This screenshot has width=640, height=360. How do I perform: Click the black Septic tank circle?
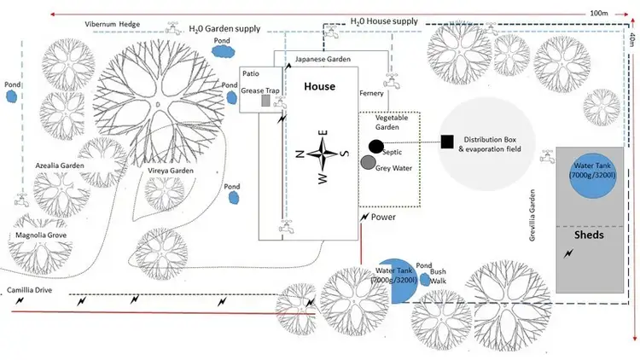(375, 145)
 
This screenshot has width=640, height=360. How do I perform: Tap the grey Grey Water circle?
(369, 162)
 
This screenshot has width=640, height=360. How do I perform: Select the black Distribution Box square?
(446, 142)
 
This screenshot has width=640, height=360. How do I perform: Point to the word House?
(320, 87)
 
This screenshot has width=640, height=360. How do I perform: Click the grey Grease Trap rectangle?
(266, 101)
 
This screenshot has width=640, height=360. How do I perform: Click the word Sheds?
(590, 234)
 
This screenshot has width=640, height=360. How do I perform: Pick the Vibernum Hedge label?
(112, 24)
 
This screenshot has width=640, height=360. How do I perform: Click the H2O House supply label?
(384, 20)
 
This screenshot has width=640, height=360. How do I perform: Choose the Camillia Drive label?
(32, 291)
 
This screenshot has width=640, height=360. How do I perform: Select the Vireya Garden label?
(171, 171)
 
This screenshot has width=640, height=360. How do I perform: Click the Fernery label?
(371, 93)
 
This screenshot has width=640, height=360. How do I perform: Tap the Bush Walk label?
(438, 275)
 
